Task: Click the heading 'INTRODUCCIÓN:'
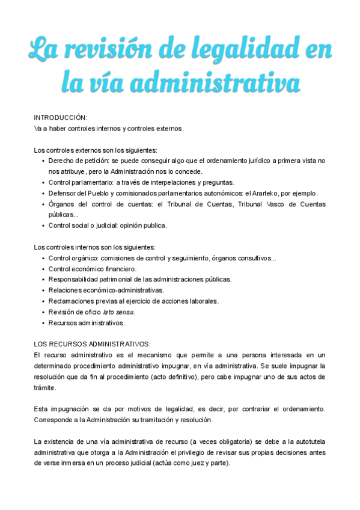coord(60,118)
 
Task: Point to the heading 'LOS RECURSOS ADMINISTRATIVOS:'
coord(92,344)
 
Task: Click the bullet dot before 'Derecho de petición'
coord(43,161)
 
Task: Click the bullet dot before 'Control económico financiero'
coord(43,269)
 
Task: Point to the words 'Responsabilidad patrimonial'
coord(91,280)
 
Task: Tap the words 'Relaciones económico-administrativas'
coord(106,290)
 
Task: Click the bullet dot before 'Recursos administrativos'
coord(43,323)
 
